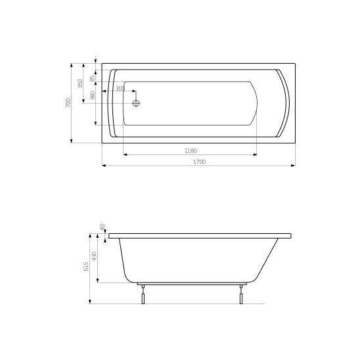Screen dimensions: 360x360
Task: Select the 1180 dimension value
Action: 191,150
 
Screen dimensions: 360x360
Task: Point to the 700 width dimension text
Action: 68,103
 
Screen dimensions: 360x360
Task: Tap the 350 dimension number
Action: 80,83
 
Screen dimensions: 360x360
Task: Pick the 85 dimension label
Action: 93,78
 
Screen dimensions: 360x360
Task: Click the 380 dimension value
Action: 93,96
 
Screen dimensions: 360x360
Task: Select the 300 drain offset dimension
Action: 120,88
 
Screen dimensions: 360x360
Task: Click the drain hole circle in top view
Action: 137,103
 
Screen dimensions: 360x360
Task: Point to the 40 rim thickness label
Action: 102,226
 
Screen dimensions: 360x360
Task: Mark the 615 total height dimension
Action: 85,265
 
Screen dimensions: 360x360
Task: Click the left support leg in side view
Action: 141,295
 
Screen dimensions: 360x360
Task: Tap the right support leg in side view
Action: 242,295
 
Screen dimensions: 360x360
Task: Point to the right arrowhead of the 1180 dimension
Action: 256,154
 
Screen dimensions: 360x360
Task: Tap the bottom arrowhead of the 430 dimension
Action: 99,281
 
